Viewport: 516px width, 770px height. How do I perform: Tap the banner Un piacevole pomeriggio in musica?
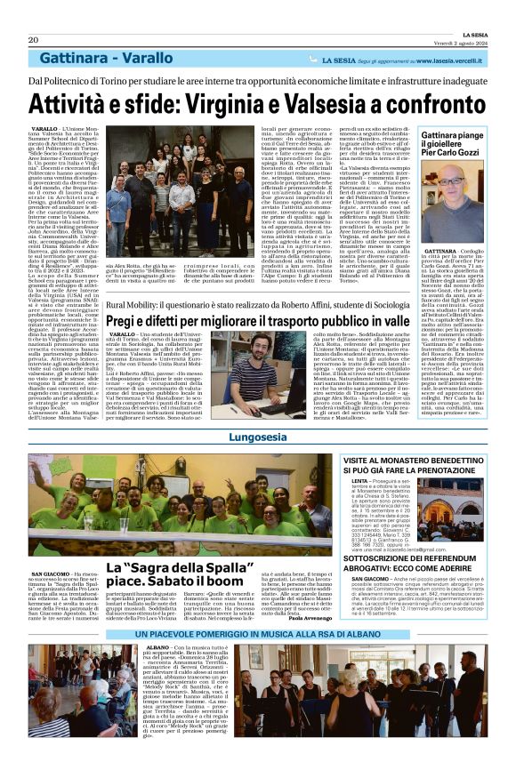(x=257, y=658)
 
